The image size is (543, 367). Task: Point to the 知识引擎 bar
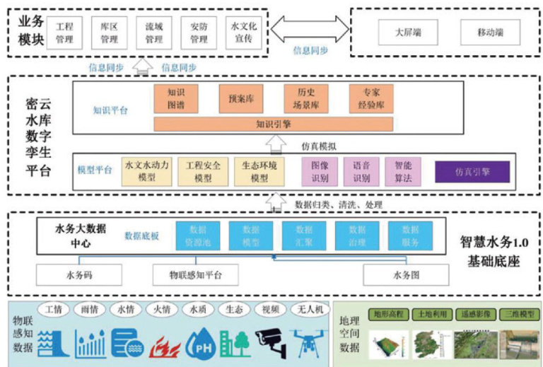(273, 124)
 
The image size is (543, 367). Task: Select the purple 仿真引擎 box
(472, 171)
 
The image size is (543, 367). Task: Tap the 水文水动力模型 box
(146, 172)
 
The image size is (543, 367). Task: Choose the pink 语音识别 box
(361, 172)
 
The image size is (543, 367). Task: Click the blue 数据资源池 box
(198, 236)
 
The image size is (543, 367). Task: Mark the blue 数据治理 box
(357, 236)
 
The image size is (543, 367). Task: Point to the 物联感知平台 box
(195, 274)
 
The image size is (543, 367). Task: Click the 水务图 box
(406, 274)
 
